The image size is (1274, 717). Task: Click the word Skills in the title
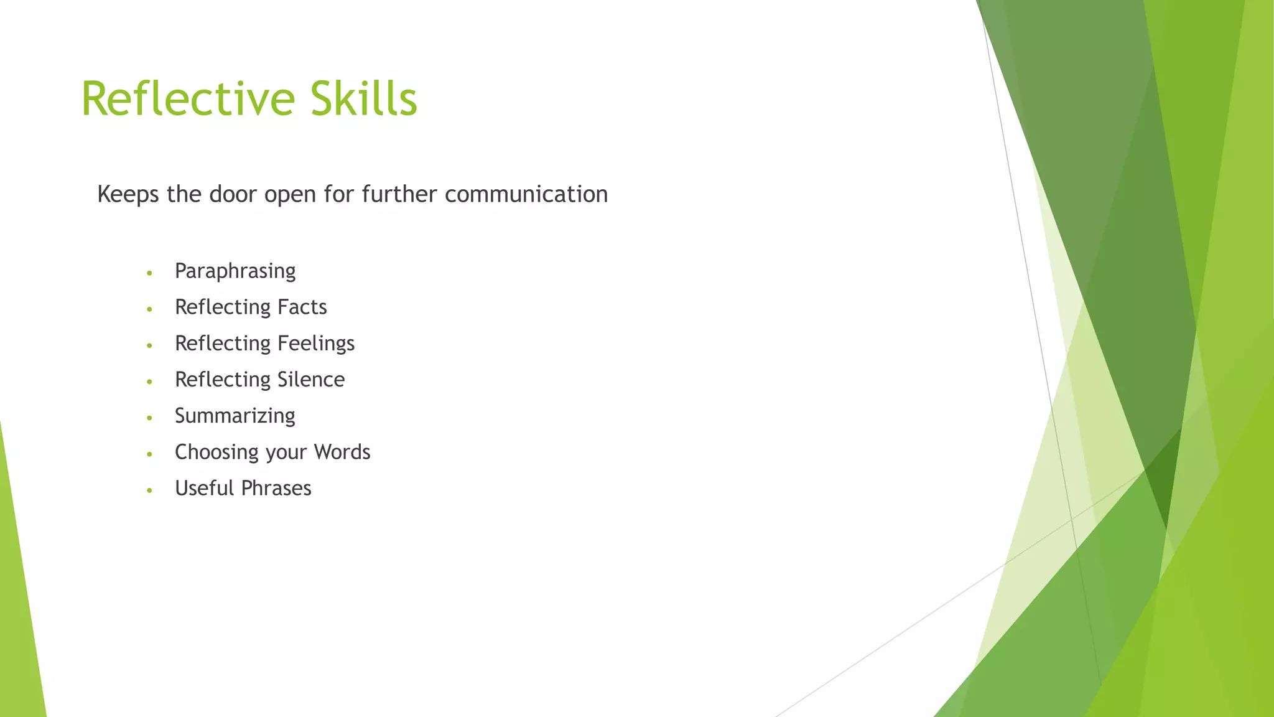point(364,98)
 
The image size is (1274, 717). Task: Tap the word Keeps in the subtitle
point(128,195)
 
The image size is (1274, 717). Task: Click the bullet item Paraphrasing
point(235,271)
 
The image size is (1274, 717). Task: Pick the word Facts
point(302,307)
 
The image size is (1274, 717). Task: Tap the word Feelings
point(315,344)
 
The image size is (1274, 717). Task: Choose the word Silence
point(310,380)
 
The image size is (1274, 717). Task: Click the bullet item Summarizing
point(235,416)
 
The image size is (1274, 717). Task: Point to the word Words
point(342,452)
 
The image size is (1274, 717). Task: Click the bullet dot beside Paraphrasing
point(149,273)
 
